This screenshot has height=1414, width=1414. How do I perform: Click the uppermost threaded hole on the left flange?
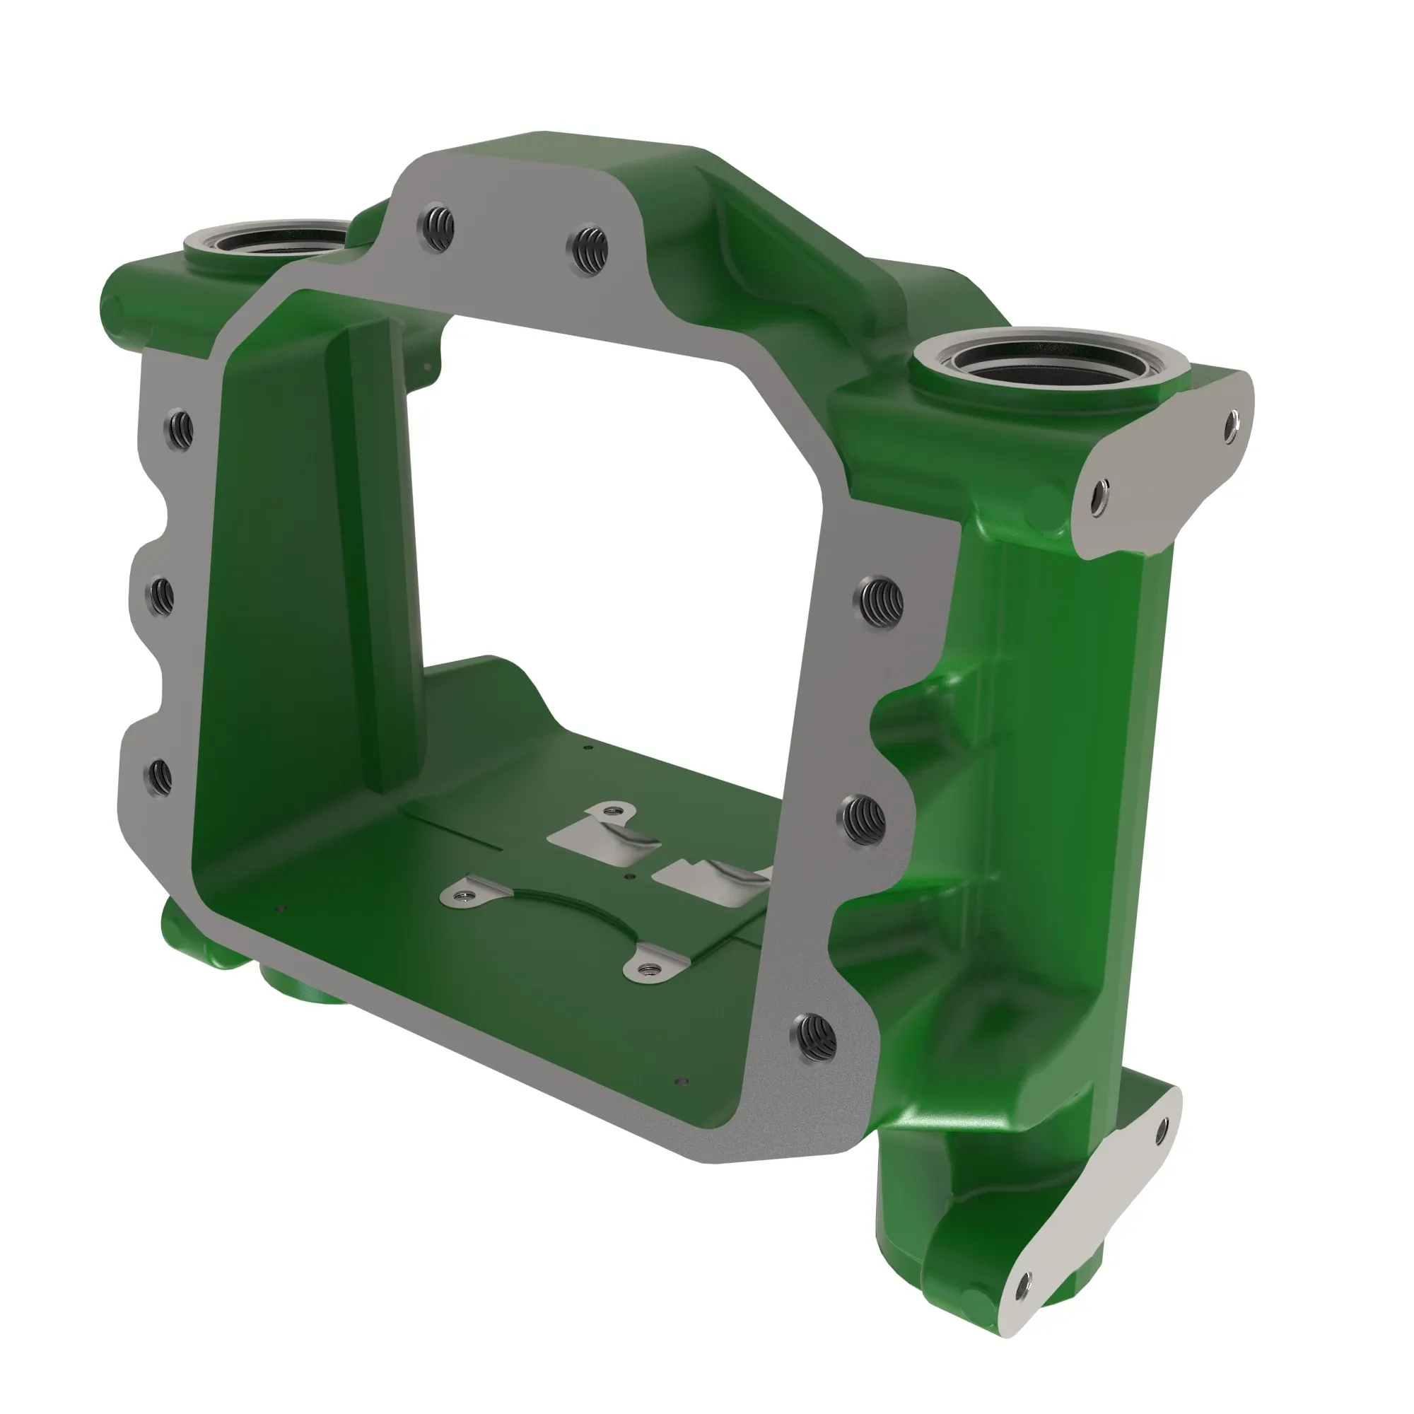click(180, 428)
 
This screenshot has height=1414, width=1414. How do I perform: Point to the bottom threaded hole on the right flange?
click(812, 1036)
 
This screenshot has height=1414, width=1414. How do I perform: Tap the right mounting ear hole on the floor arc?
click(645, 970)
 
